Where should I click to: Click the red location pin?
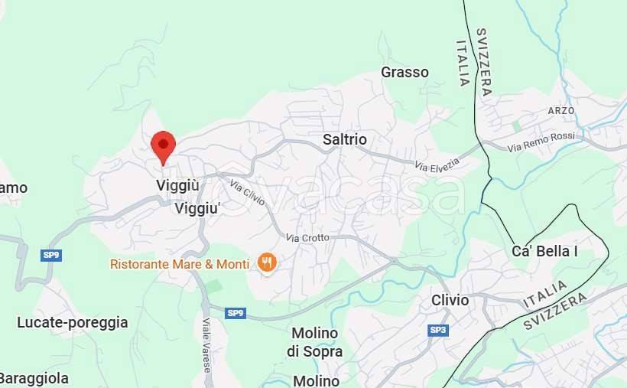tap(163, 145)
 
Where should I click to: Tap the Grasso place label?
tap(404, 72)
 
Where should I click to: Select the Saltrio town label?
tap(344, 139)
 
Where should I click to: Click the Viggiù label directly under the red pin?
tap(177, 185)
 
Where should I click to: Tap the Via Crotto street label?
tap(307, 238)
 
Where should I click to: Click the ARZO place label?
tap(560, 110)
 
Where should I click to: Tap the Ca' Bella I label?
tap(544, 251)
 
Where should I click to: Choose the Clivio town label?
tap(450, 300)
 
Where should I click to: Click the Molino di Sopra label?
tap(314, 342)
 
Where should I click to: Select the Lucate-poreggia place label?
tap(73, 322)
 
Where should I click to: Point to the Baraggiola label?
tap(34, 378)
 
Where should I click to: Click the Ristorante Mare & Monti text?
tap(180, 264)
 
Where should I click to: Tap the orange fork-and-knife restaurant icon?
tap(267, 263)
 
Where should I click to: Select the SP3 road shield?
tap(437, 330)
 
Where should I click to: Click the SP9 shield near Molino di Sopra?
tap(236, 312)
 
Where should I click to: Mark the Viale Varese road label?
tap(206, 345)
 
